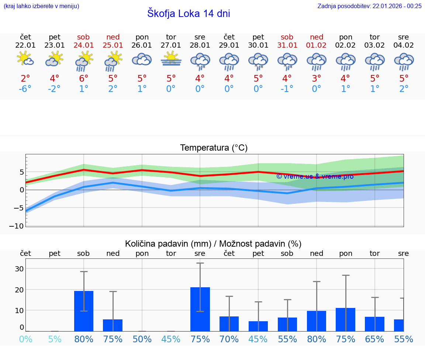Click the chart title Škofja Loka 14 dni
tap(189, 14)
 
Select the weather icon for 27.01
tap(171, 59)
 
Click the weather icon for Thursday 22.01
tap(25, 59)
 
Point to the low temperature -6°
tap(25, 89)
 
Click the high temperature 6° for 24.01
tap(84, 79)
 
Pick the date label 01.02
tap(317, 45)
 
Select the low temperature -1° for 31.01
tap(287, 89)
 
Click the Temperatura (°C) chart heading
tap(214, 148)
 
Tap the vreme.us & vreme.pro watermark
tap(315, 176)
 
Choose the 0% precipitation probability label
tap(25, 339)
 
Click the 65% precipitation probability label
tap(375, 339)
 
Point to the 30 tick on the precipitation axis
tap(19, 269)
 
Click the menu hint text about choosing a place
tap(41, 6)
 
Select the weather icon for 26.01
tap(142, 59)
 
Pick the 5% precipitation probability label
tap(55, 339)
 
